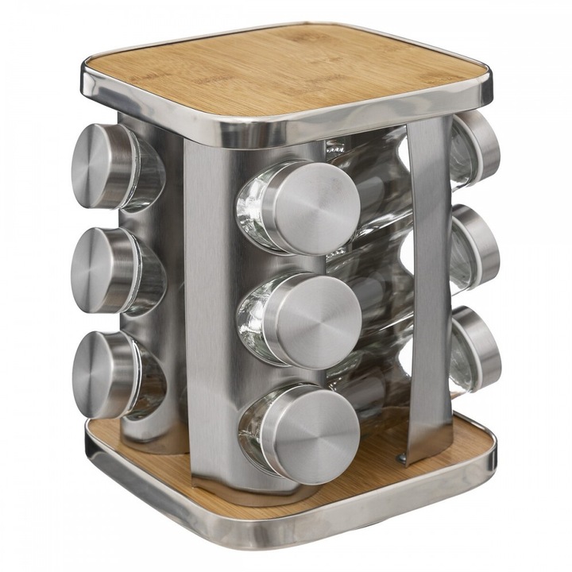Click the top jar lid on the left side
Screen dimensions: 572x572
99,166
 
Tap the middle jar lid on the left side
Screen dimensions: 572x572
99,269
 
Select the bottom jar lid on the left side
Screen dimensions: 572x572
101,374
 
